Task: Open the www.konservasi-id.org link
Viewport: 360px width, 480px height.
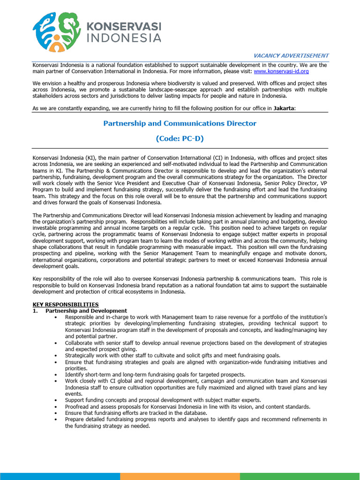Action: click(281, 71)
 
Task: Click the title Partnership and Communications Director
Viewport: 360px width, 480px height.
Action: click(180, 123)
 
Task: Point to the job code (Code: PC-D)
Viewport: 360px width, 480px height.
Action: click(180, 139)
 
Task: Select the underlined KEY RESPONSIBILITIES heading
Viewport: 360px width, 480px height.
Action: click(66, 305)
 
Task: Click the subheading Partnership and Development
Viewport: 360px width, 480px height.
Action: click(86, 311)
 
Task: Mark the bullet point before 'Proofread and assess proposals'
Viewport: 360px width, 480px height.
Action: click(56, 407)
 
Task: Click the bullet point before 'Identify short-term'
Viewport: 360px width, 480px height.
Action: click(56, 375)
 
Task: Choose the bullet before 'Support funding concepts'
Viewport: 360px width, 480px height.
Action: click(56, 400)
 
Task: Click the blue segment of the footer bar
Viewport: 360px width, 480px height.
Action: click(60, 476)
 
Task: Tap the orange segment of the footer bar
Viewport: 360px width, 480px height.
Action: click(180, 476)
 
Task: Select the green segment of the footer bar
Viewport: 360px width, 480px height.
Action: click(300, 476)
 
